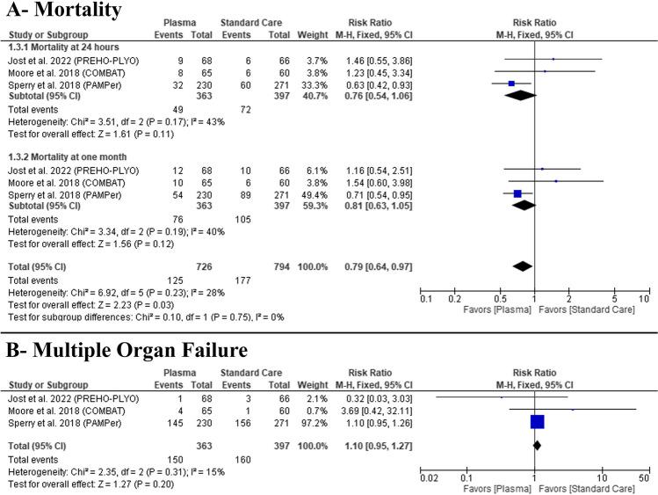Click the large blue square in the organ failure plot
(x=538, y=421)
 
